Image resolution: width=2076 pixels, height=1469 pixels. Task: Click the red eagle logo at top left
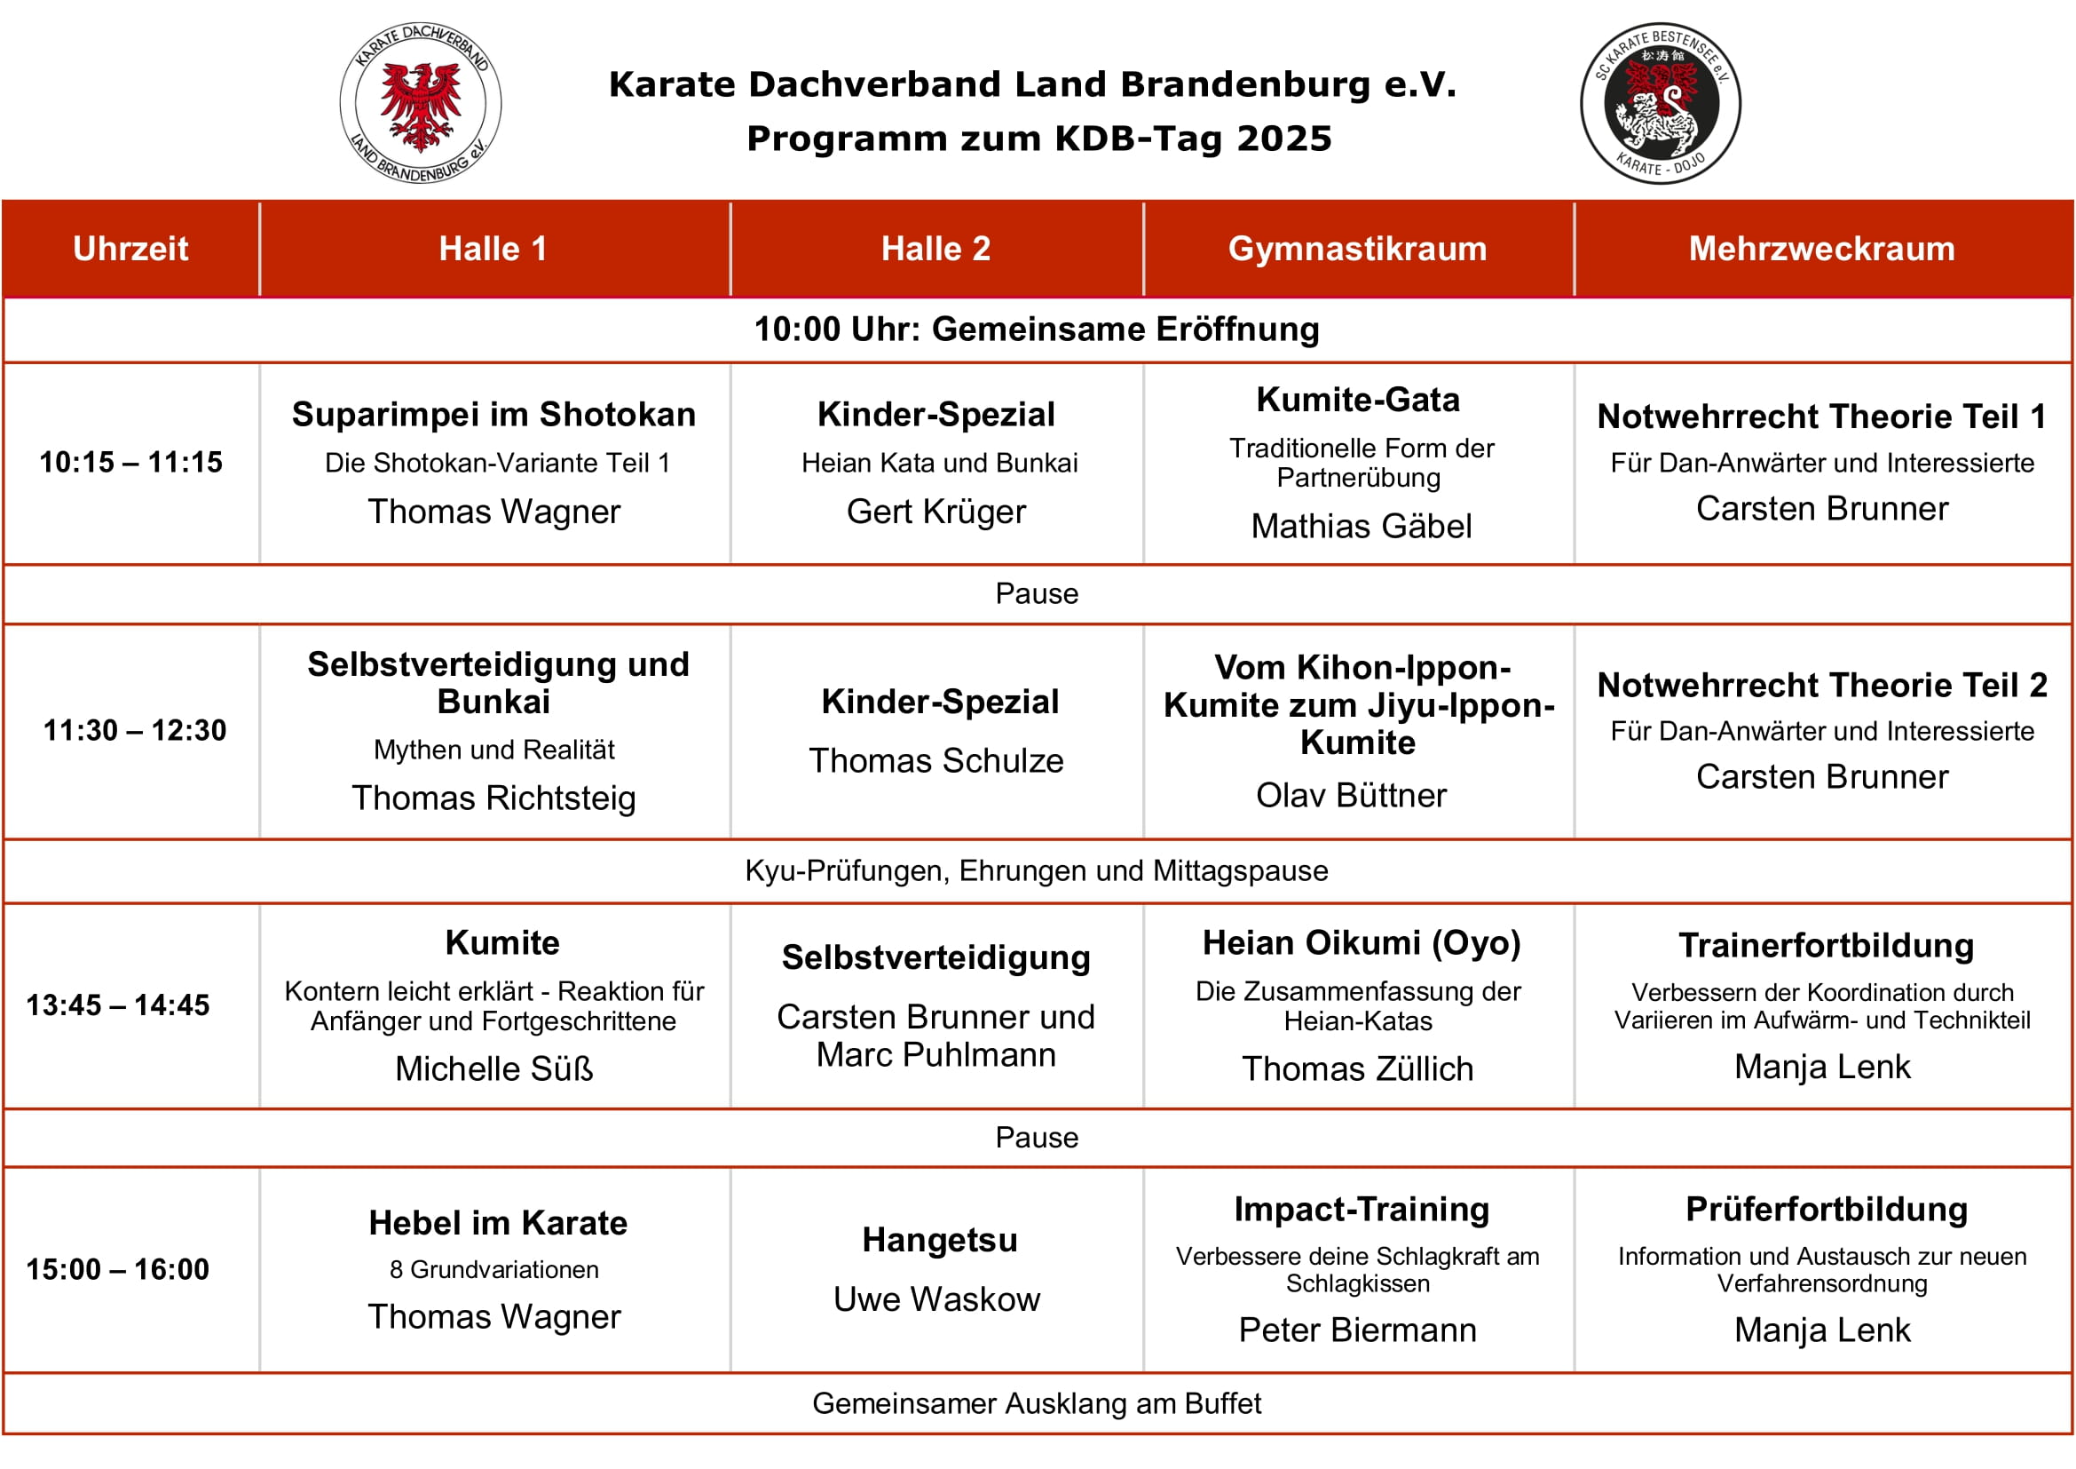tap(421, 103)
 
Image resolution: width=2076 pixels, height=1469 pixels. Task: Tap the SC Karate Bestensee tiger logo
tap(1660, 103)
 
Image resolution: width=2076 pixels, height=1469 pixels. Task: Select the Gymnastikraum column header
tap(1357, 249)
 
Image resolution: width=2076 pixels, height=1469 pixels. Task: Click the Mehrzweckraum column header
tap(1821, 249)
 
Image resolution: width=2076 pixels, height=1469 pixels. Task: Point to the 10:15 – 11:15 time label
tap(131, 462)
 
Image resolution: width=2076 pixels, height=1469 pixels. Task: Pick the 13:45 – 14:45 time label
tap(117, 1005)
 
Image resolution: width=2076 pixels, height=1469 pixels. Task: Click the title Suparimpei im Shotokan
tap(493, 414)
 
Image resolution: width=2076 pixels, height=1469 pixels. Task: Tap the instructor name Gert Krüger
tap(935, 512)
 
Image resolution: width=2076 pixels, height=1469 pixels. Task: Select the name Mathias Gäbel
tap(1361, 527)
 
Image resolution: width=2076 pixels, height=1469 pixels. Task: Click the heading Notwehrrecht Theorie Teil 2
tap(1822, 685)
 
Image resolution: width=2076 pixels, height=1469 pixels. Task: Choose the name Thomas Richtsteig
tap(493, 798)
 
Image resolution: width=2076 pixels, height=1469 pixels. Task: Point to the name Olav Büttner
tap(1351, 795)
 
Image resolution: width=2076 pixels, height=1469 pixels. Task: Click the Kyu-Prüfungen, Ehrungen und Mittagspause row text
tap(1036, 870)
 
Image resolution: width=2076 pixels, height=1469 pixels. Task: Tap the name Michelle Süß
tap(493, 1069)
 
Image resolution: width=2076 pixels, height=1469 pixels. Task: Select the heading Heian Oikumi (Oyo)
tap(1361, 942)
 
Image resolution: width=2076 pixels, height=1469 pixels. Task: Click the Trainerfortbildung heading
tap(1826, 945)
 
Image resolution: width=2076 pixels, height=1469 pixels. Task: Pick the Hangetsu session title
tap(939, 1239)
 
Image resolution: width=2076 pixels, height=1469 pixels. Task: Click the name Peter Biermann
tap(1357, 1330)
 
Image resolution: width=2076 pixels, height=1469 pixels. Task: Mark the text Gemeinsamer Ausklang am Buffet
tap(1036, 1403)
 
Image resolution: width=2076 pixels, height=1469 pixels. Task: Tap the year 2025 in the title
tap(1284, 139)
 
